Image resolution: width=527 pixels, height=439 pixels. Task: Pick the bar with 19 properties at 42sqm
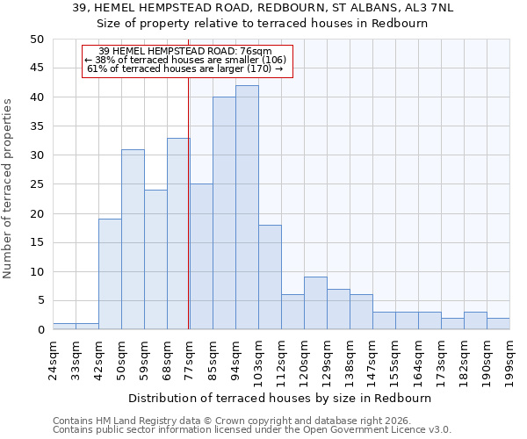[110, 274]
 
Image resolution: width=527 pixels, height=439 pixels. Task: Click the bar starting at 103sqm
[270, 277]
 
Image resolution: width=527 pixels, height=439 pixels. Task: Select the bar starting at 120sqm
[315, 303]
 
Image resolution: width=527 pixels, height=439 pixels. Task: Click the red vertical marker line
[189, 219]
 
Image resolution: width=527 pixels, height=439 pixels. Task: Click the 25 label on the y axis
[37, 184]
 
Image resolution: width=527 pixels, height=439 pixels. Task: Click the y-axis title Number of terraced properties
[9, 188]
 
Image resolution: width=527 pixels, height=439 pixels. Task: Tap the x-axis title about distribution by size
[279, 398]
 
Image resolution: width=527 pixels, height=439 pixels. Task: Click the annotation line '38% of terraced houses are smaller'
[185, 60]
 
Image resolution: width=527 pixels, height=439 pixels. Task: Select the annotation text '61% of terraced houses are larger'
[185, 68]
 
